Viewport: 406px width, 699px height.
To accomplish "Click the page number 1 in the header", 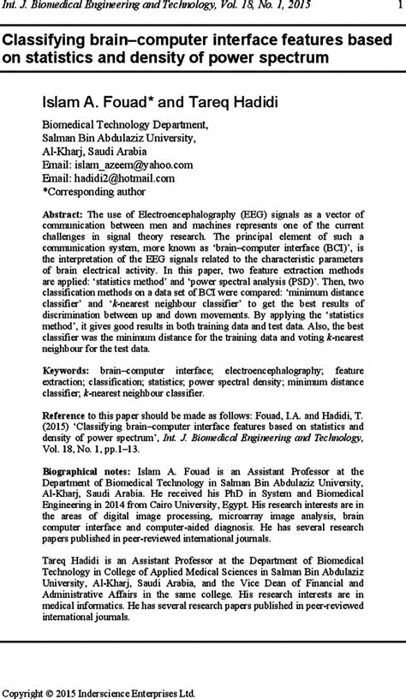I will (x=397, y=7).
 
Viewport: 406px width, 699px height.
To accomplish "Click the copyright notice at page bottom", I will (x=101, y=691).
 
